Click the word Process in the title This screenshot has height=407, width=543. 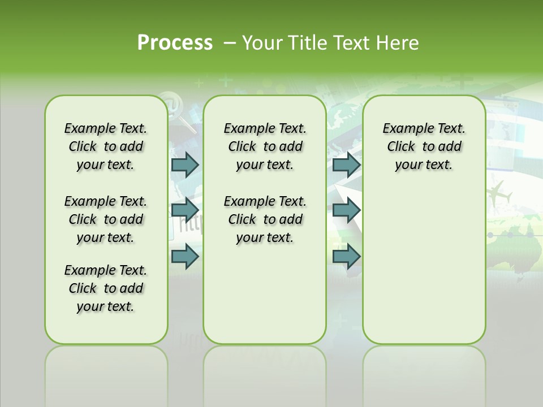(x=175, y=43)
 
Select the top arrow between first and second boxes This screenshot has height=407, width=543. (x=185, y=164)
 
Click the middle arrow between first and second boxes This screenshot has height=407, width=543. (x=185, y=210)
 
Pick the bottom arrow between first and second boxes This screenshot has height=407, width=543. (x=185, y=257)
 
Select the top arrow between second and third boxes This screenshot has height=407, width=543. (x=346, y=164)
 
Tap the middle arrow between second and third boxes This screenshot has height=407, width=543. (x=346, y=210)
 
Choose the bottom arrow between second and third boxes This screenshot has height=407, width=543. (x=346, y=257)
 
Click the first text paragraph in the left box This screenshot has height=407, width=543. (x=106, y=146)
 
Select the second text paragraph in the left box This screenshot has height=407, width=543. (x=106, y=219)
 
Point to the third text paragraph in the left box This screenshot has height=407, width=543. (x=106, y=288)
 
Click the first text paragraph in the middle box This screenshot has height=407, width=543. (x=265, y=146)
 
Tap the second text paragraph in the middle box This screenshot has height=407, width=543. (x=265, y=219)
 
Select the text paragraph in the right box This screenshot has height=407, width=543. (x=424, y=146)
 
